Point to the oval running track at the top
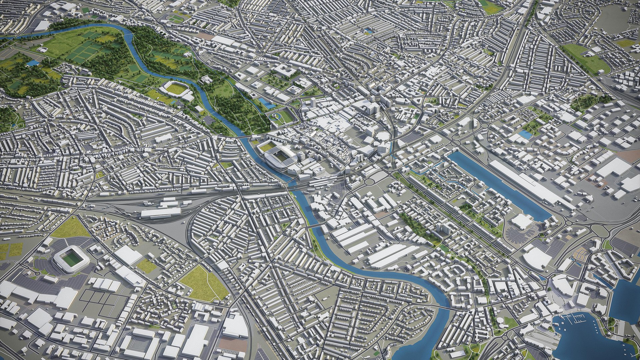pos(176,19)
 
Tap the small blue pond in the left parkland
pos(33,63)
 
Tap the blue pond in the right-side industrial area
pos(526,134)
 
